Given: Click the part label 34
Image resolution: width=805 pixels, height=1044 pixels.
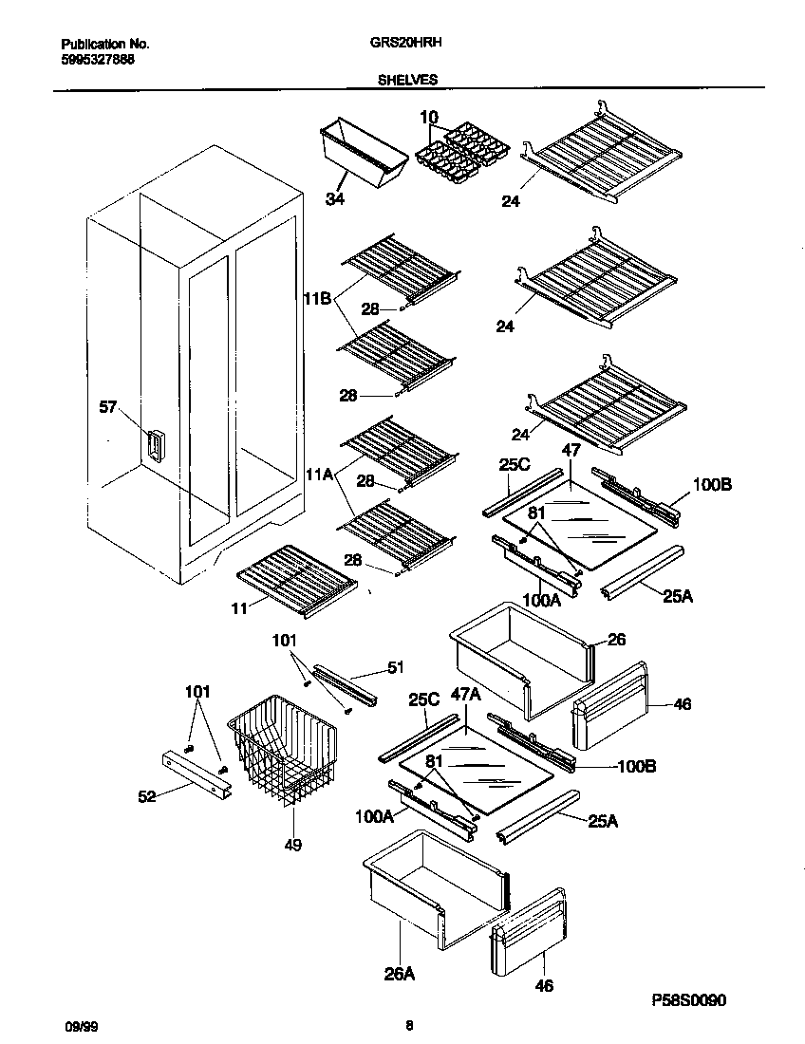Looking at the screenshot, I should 334,198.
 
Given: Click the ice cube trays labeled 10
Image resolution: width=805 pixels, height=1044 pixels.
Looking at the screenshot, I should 463,152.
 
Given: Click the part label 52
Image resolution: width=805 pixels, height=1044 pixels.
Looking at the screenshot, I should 147,796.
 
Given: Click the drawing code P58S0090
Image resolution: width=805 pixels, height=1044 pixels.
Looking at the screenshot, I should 691,1000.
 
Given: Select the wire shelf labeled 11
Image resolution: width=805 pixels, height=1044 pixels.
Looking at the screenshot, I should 294,576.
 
